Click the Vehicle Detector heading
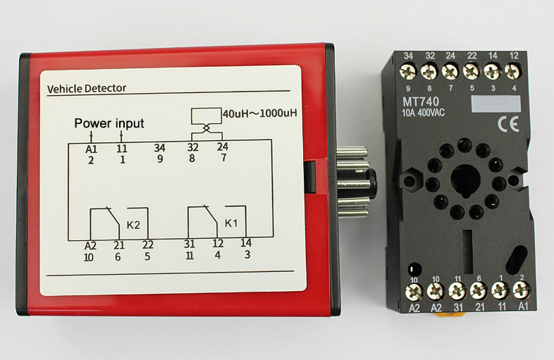[x=86, y=89]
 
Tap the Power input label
[x=109, y=123]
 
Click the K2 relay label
[x=133, y=225]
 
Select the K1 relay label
[x=231, y=223]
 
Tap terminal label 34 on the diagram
[x=160, y=148]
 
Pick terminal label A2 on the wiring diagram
[x=90, y=245]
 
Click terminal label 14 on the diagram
[x=246, y=243]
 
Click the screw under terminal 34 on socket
[x=407, y=71]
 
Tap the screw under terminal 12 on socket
[x=513, y=71]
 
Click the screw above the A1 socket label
[x=522, y=289]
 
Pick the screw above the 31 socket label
[x=457, y=290]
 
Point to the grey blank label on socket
[x=496, y=104]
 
